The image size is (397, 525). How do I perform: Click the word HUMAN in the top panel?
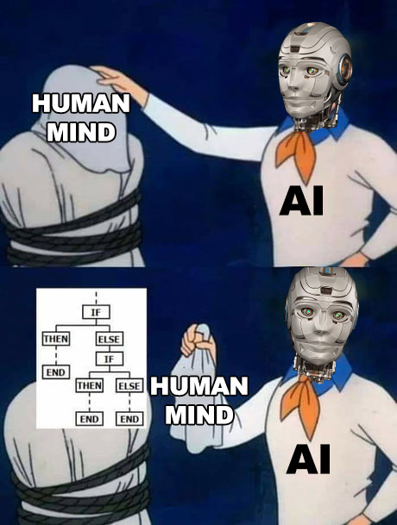81,103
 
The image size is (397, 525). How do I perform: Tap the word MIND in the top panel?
81,132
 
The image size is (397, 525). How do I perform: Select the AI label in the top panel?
301,201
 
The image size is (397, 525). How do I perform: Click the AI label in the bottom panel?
308,459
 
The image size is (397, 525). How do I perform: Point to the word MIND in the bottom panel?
199,415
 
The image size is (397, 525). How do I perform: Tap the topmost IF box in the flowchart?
96,312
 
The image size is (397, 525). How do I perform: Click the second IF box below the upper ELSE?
110,359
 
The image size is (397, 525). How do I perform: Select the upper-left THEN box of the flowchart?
56,339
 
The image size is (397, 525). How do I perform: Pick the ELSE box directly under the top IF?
110,339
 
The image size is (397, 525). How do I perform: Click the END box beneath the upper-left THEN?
56,372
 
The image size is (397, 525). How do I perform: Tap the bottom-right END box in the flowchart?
129,419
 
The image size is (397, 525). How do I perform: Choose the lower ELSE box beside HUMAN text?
129,385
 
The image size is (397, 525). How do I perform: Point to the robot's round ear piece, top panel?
345,67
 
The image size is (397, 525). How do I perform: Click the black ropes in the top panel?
72,234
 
